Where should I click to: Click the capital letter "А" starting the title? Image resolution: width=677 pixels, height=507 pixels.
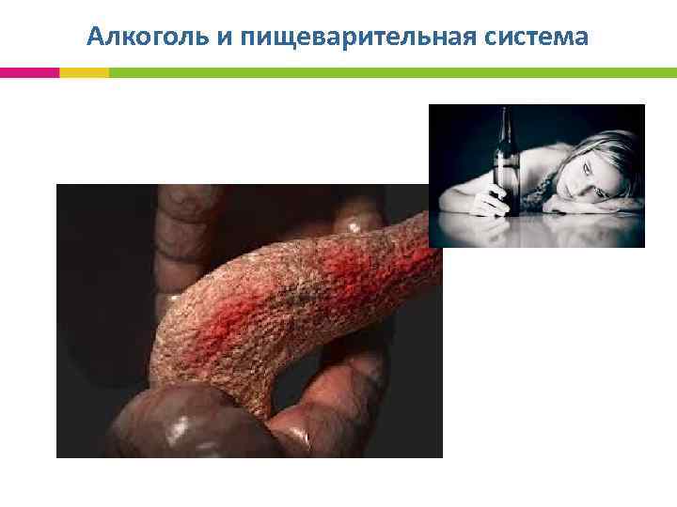[95, 37]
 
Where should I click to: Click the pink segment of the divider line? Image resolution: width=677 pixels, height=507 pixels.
[29, 72]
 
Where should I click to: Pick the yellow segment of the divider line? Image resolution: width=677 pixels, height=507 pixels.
[84, 72]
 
